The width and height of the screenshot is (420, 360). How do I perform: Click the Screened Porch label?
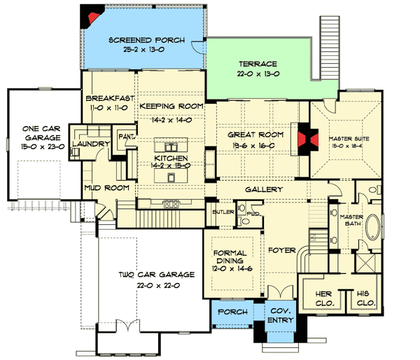(147, 41)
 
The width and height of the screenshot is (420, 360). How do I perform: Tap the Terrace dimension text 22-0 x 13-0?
(258, 72)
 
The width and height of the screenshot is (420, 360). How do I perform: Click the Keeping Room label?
(171, 106)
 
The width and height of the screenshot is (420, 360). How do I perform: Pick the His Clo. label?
(363, 298)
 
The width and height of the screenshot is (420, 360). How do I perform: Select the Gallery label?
(263, 190)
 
